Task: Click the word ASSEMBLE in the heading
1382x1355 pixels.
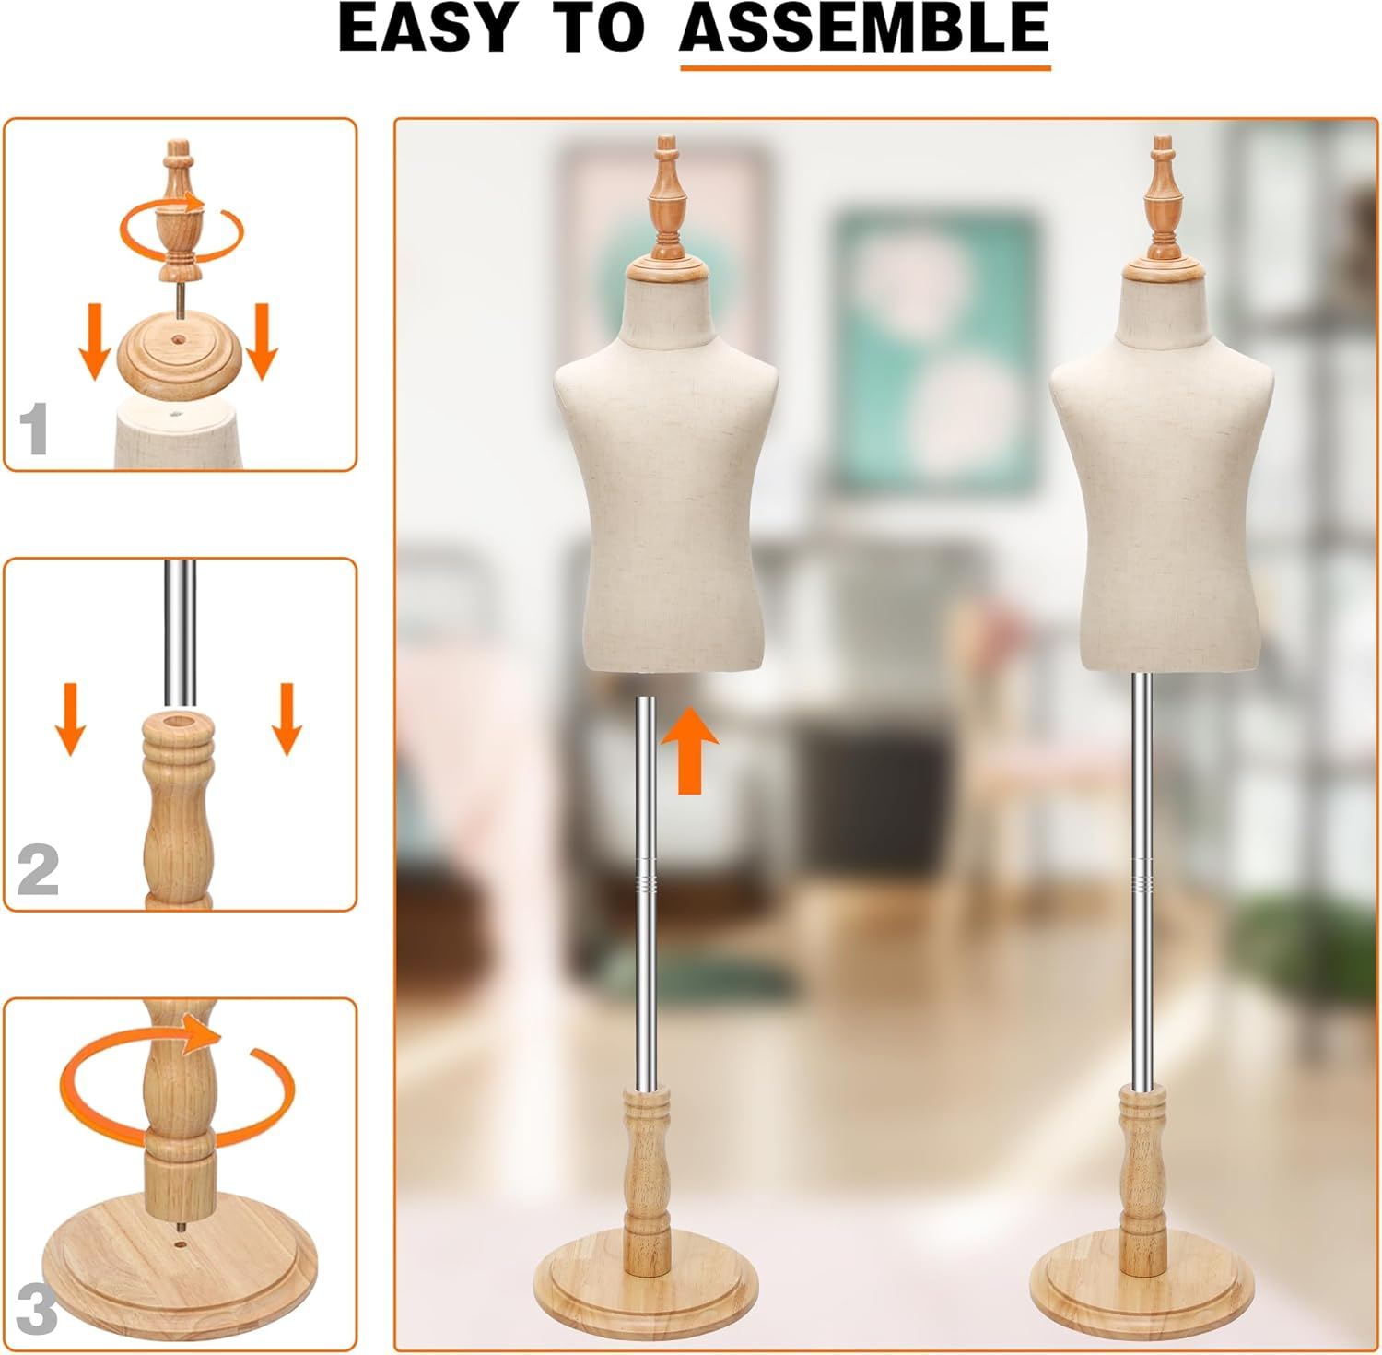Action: pos(864,28)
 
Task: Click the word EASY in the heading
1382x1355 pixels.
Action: pos(427,28)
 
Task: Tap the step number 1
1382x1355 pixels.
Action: pos(34,430)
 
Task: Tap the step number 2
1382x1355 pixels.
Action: pos(38,870)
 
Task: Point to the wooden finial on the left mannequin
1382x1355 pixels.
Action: pos(668,198)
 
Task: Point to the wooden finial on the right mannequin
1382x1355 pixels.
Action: pos(1164,198)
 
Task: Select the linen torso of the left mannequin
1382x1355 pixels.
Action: pos(665,498)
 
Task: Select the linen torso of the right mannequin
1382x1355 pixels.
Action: pos(1162,498)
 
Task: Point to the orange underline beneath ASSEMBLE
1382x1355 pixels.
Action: pos(864,66)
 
